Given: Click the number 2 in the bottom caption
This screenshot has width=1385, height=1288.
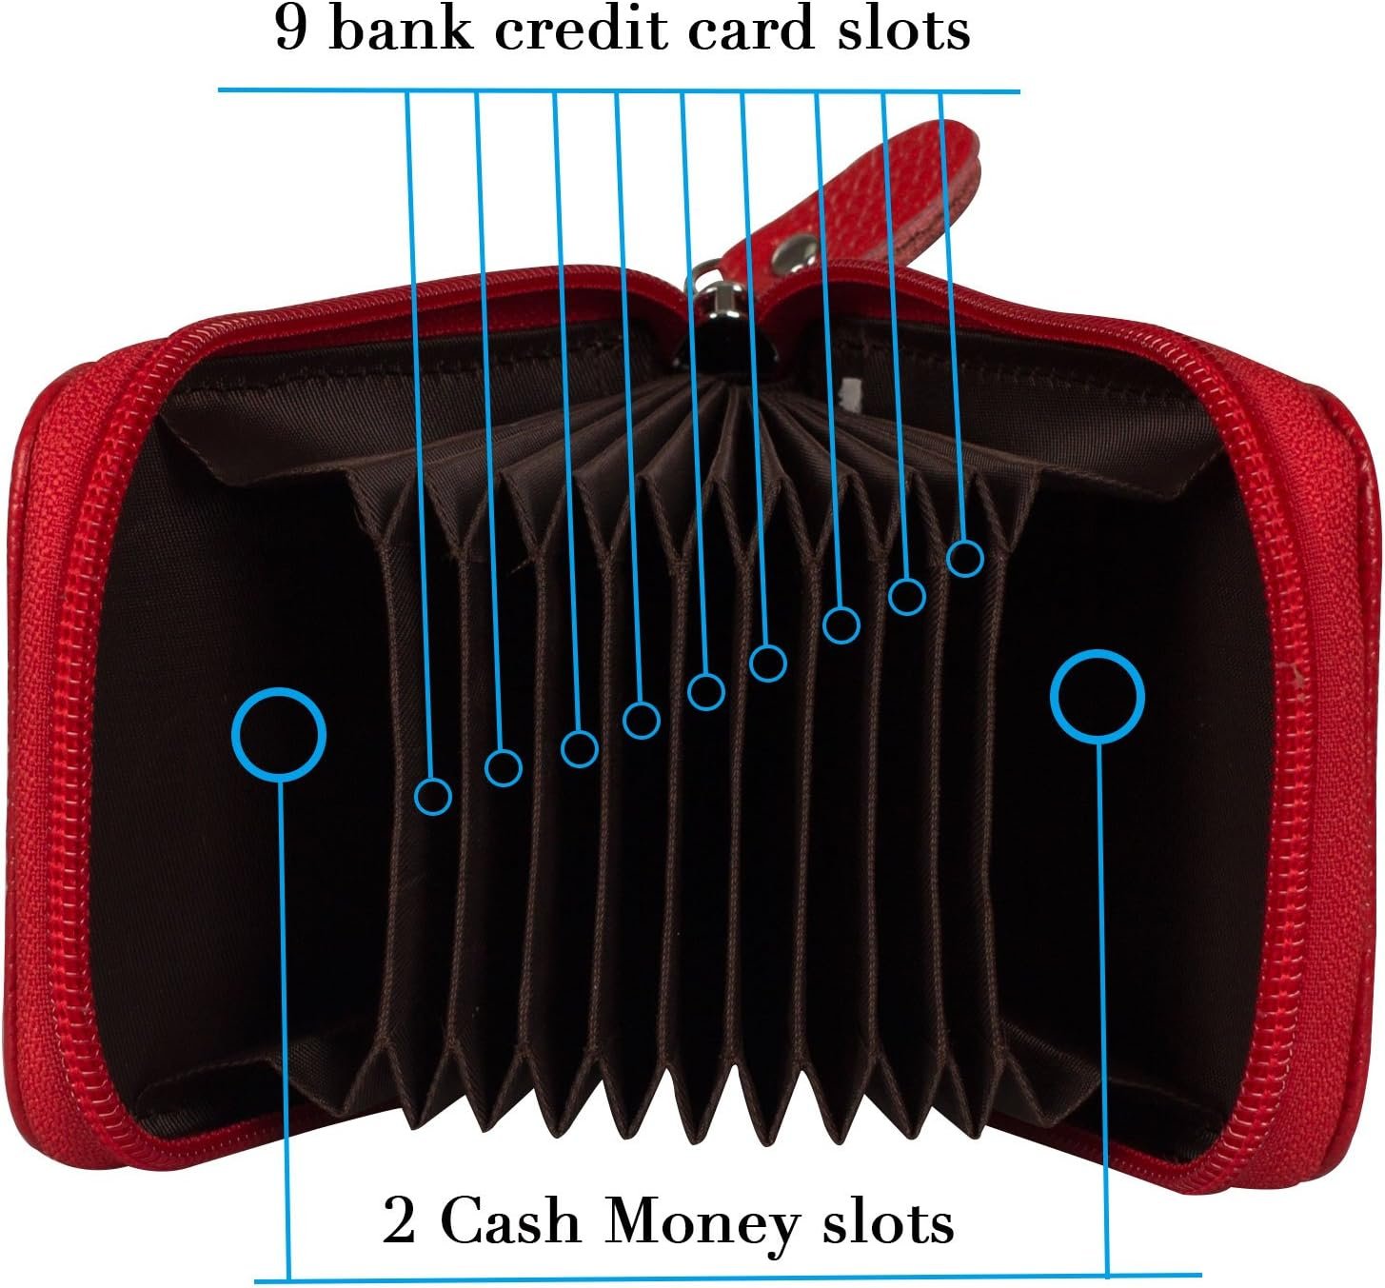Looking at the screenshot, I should pyautogui.click(x=400, y=1221).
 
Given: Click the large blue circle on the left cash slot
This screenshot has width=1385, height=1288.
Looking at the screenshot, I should pyautogui.click(x=279, y=734).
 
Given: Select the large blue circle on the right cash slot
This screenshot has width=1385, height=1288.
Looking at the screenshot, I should pyautogui.click(x=1098, y=697).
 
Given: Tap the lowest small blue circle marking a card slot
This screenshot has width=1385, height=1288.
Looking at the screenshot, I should pyautogui.click(x=433, y=795).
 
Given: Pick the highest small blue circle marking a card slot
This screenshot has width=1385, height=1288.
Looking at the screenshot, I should pyautogui.click(x=965, y=558).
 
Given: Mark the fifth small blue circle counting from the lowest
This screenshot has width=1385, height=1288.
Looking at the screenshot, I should pyautogui.click(x=705, y=691).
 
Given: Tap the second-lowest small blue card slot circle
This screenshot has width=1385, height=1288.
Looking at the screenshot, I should pyautogui.click(x=504, y=766).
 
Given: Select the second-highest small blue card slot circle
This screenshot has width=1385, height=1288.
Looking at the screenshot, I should pyautogui.click(x=907, y=597).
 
